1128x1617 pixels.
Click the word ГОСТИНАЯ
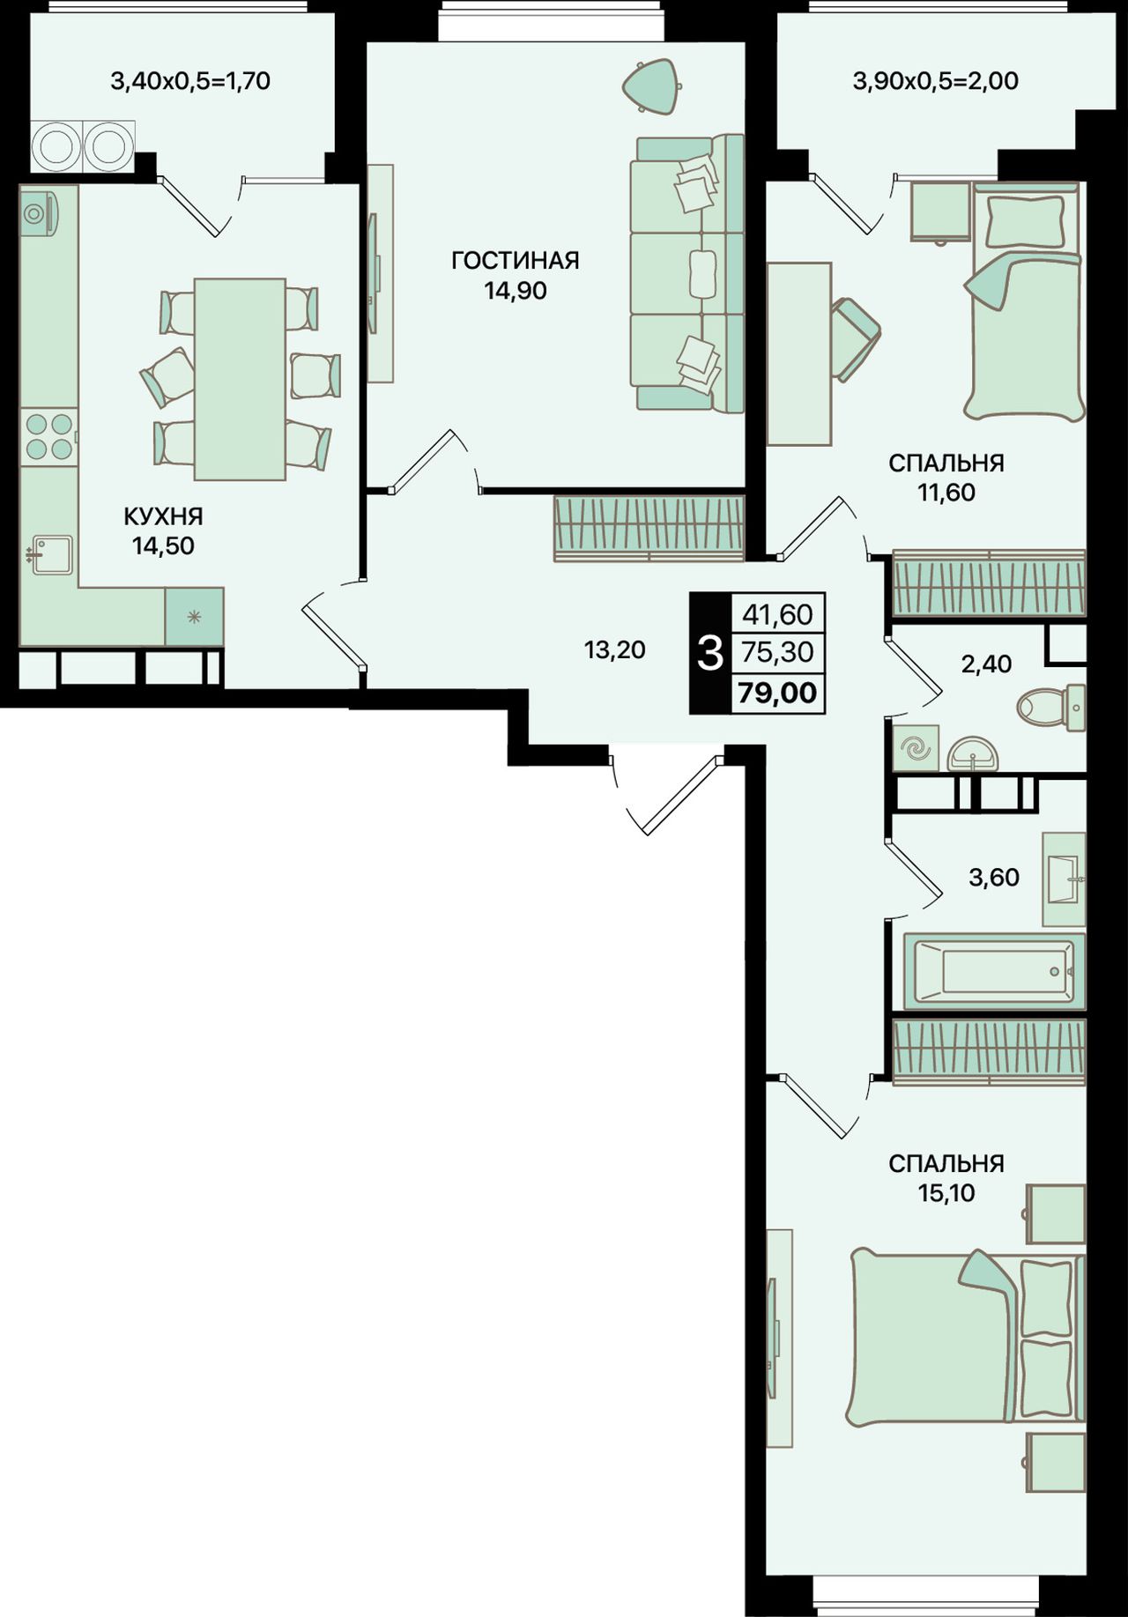515,261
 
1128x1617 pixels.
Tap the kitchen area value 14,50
163,546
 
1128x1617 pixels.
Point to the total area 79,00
777,693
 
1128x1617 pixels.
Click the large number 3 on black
710,654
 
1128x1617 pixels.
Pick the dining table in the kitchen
240,379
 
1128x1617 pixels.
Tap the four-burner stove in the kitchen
49,436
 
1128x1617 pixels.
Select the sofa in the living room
686,272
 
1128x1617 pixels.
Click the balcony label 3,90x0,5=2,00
935,81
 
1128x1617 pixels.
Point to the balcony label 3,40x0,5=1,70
189,81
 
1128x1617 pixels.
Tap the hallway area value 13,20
614,650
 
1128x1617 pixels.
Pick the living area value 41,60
777,613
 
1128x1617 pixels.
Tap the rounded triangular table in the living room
653,86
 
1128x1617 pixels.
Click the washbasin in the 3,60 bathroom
1064,879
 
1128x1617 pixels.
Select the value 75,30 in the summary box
777,653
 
